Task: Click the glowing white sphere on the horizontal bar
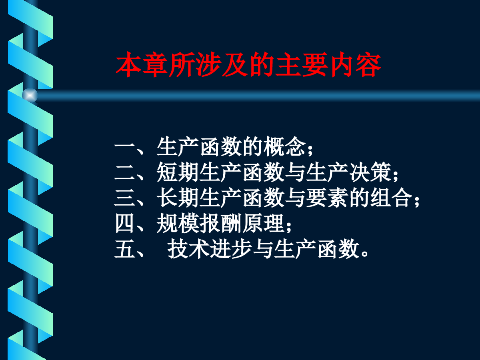coord(30,95)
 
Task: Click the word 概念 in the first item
coord(284,146)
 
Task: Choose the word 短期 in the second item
coord(178,172)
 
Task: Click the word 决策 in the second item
coord(370,172)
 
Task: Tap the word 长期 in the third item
coord(178,198)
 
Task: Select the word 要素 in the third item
coord(327,198)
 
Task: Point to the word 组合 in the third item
coord(392,198)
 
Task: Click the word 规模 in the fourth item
coord(178,223)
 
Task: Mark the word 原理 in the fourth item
coord(263,223)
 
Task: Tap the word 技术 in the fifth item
coord(188,249)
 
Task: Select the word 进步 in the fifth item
coord(231,249)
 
